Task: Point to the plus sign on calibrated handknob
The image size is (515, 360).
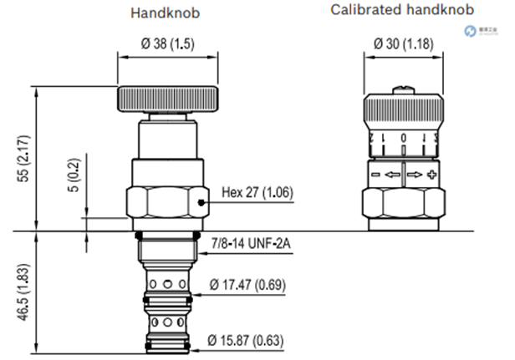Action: [x=431, y=175]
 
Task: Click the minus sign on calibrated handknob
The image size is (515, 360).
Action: [x=375, y=175]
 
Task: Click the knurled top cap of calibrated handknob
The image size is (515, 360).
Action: [x=403, y=111]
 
